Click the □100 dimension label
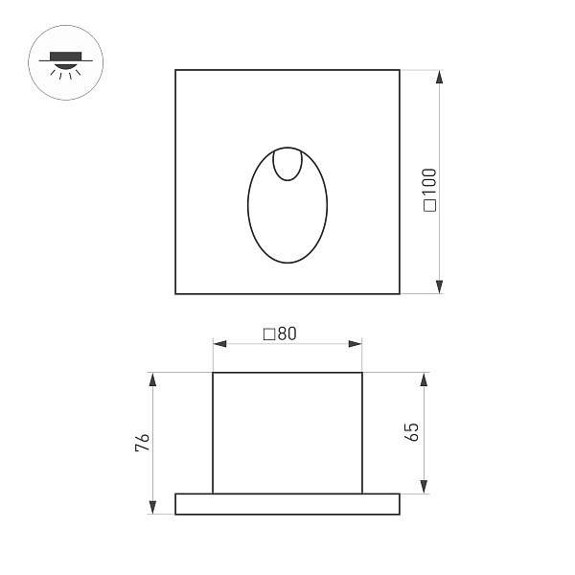point(429,189)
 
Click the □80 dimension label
point(280,333)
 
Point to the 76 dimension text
point(142,443)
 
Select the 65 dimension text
point(413,431)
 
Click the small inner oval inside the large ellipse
point(287,165)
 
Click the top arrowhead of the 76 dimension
point(151,379)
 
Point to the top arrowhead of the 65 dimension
point(423,379)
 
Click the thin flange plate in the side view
point(287,504)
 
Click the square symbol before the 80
point(268,333)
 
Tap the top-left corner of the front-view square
point(175,70)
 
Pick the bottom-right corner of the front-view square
point(400,293)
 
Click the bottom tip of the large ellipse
point(287,262)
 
